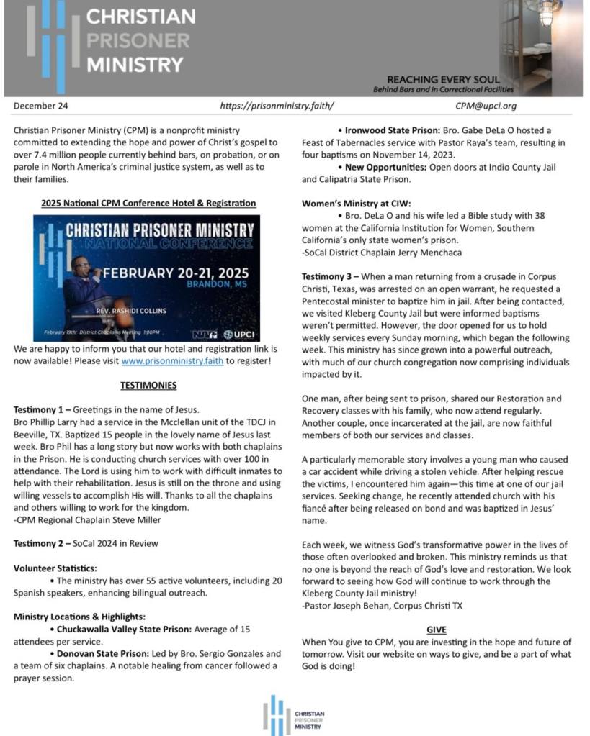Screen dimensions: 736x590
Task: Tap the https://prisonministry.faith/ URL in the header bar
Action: point(277,106)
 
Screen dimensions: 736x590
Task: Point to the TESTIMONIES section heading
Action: point(148,386)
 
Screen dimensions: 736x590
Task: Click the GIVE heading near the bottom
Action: point(436,629)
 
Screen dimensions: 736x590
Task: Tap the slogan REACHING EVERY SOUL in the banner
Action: point(442,79)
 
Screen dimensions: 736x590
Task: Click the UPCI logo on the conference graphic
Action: point(238,334)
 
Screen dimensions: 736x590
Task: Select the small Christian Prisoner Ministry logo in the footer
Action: point(294,715)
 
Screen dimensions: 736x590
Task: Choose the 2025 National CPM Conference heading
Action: point(148,204)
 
